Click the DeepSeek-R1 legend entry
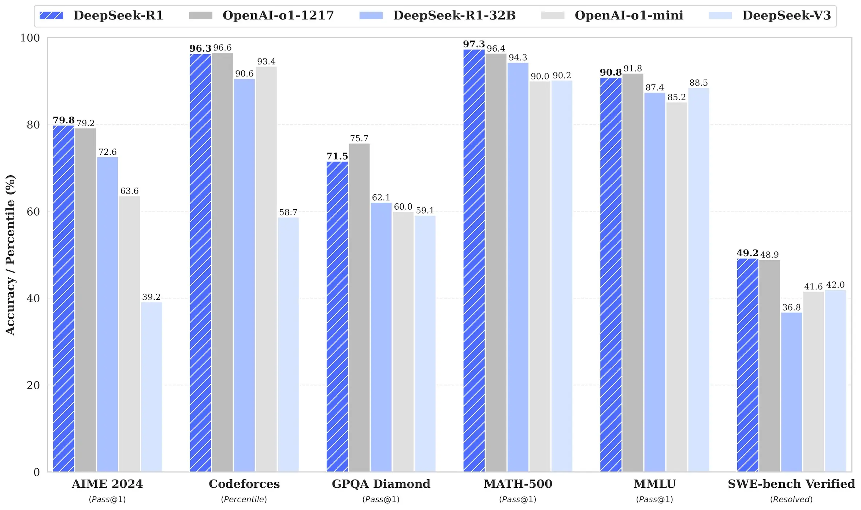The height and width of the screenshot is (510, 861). point(118,15)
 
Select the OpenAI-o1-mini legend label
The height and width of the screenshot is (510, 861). point(628,15)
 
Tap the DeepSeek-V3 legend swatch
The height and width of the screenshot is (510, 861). point(720,15)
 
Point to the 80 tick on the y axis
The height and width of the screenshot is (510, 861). point(33,125)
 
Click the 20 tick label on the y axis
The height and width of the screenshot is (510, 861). point(33,385)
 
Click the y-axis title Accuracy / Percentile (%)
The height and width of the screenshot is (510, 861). point(10,255)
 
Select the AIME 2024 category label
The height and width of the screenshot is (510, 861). point(107,484)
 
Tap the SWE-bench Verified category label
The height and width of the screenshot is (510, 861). point(791,484)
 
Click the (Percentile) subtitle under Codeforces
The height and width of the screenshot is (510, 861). point(244,499)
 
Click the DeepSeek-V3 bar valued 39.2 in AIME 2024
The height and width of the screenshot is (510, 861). point(151,387)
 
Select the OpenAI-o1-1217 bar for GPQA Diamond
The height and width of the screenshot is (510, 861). point(359,307)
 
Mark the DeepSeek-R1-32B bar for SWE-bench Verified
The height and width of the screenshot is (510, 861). point(791,392)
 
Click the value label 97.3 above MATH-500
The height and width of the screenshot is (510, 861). point(474,44)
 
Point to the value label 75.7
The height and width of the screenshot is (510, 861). point(359,138)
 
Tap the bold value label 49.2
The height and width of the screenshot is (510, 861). point(747,253)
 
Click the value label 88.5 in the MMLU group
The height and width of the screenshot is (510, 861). point(698,83)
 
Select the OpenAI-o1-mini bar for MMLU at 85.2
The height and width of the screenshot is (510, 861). point(676,287)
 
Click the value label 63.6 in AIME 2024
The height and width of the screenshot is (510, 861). point(129,191)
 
